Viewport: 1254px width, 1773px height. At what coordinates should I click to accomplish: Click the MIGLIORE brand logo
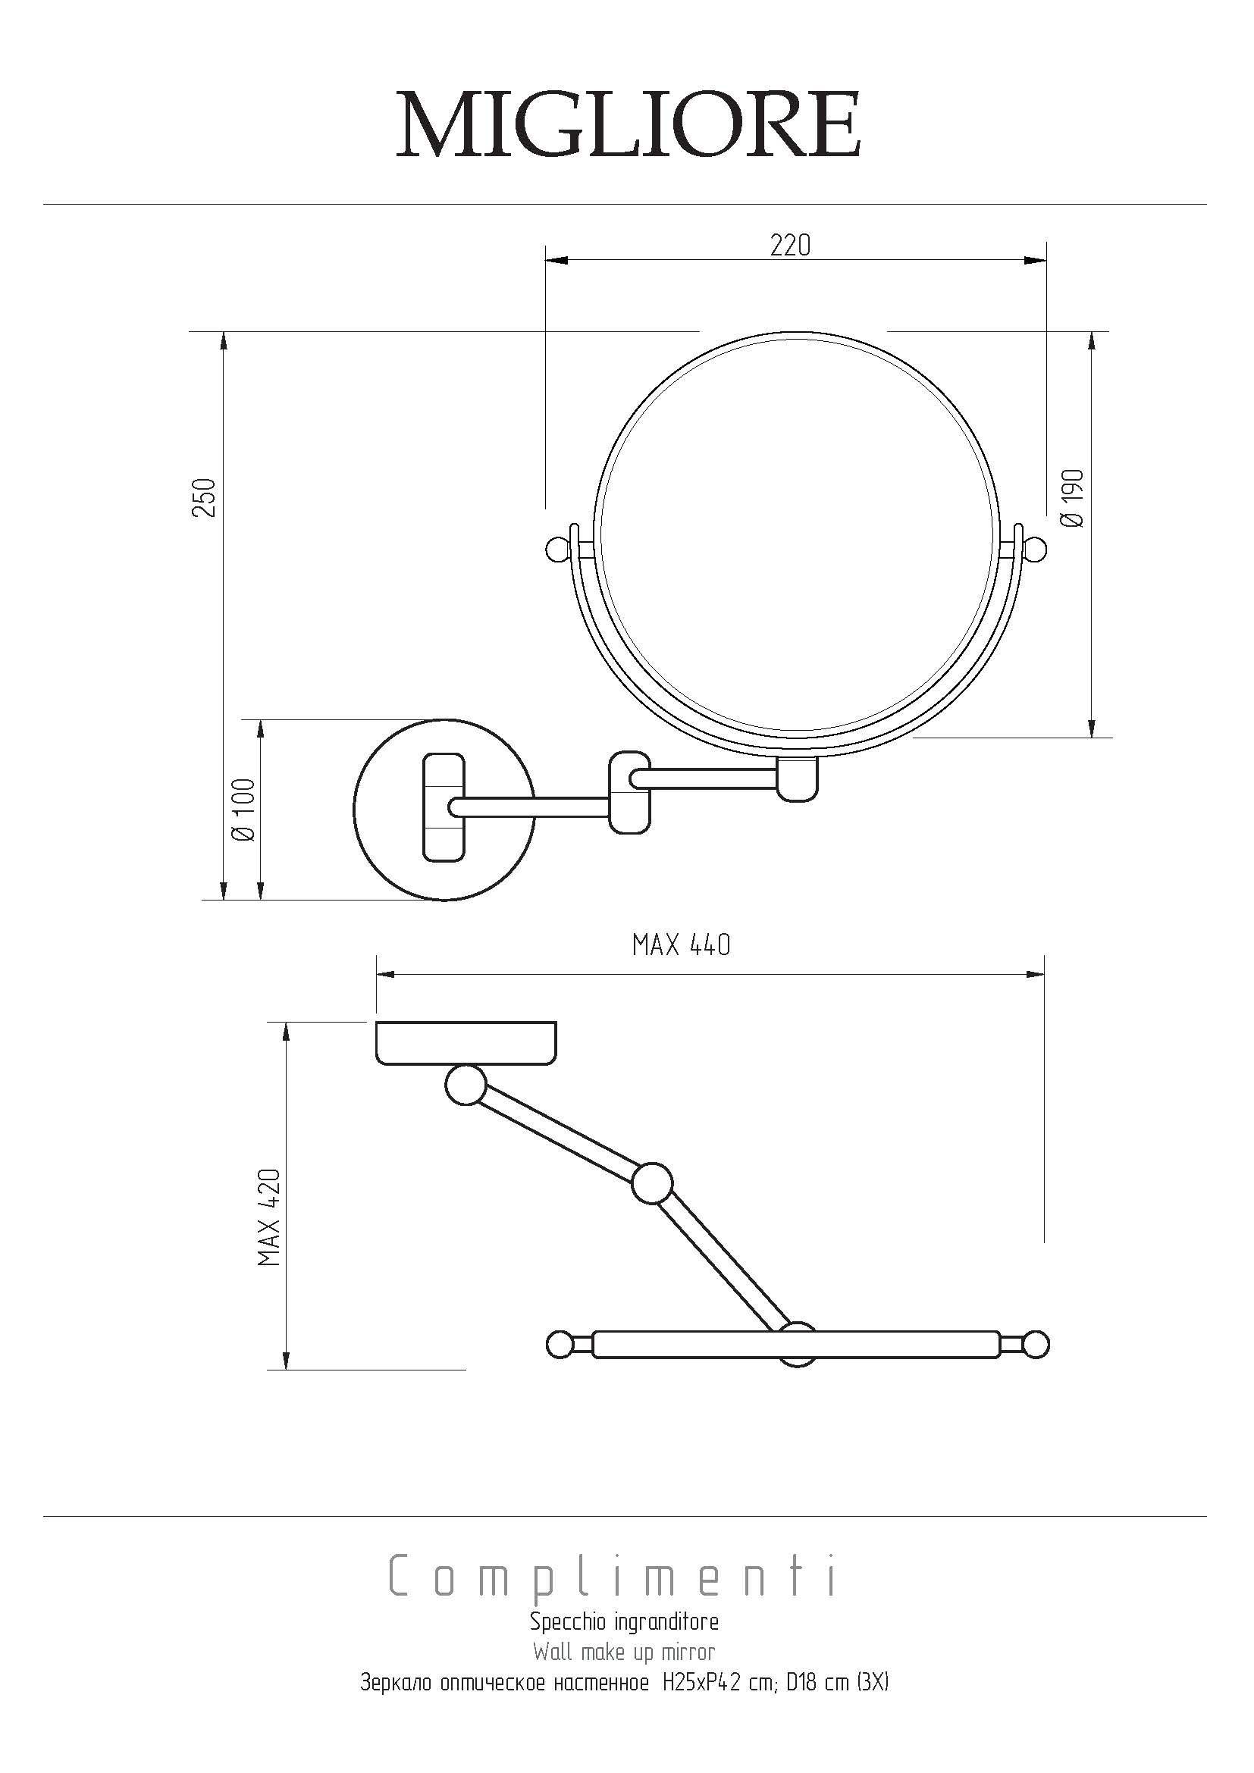click(628, 125)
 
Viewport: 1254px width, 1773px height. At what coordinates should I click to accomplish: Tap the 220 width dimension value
click(791, 246)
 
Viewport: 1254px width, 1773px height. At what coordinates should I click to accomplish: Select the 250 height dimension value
click(204, 498)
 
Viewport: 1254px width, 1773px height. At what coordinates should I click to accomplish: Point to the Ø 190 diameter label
click(1073, 498)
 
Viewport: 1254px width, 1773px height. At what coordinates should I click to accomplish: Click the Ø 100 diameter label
click(243, 810)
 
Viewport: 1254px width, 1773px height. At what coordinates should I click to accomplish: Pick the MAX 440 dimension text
click(681, 945)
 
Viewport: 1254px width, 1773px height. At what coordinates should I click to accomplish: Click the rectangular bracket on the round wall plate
click(444, 808)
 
